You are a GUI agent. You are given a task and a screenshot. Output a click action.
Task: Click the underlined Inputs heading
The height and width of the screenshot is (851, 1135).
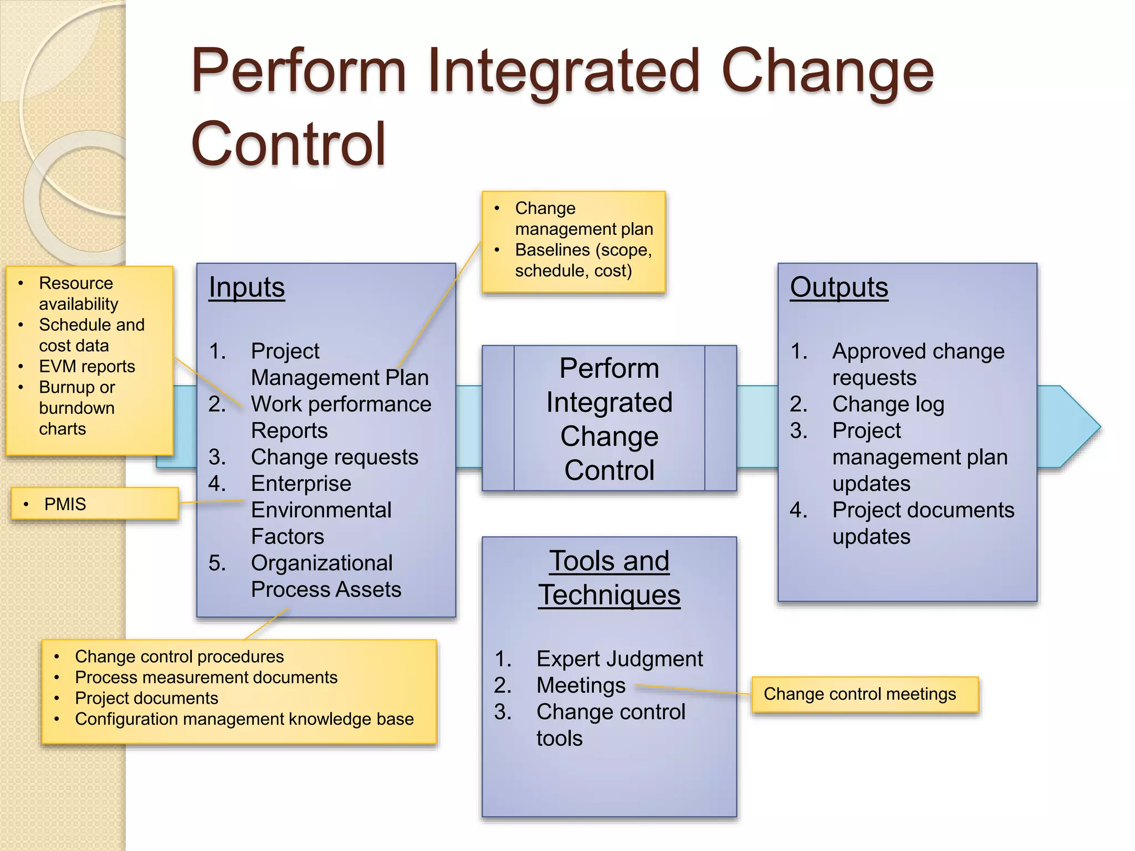(247, 288)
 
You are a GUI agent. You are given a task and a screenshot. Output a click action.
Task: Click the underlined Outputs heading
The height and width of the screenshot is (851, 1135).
(839, 288)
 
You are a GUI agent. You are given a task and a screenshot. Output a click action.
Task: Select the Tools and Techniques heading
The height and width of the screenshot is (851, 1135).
(609, 577)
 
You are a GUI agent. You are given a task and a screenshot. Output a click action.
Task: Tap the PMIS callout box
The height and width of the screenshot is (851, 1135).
(94, 504)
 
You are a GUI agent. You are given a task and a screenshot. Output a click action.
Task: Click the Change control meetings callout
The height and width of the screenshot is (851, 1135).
(865, 694)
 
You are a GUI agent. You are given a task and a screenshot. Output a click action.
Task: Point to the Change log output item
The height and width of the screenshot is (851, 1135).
(888, 404)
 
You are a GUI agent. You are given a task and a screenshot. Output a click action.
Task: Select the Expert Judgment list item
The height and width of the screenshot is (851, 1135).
(619, 659)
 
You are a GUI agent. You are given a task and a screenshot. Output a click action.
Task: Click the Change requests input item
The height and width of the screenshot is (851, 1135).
(334, 457)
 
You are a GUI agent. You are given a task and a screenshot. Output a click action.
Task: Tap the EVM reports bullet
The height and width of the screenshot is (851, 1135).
(87, 366)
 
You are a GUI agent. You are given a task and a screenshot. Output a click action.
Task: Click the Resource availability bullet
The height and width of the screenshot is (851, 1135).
(78, 293)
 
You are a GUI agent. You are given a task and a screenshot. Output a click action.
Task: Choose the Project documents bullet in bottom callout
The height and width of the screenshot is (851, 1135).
(146, 698)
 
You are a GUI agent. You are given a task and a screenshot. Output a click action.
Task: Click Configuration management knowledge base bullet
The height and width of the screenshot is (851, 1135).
(244, 719)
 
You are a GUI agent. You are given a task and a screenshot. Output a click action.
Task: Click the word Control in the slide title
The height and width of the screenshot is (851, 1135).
(288, 144)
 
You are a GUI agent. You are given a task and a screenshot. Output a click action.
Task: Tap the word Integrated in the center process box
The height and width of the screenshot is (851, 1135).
(609, 402)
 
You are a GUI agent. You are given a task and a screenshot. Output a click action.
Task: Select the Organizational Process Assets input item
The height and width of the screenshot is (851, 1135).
(325, 576)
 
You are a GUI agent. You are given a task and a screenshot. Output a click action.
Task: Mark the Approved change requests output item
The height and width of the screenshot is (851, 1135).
(917, 364)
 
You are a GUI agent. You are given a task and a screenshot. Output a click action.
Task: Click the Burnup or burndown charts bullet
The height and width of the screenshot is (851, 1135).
(76, 408)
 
